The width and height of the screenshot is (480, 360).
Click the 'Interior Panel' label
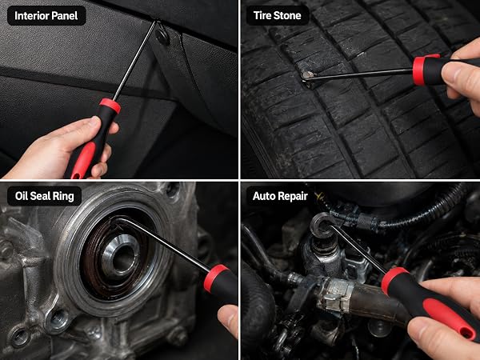(x=46, y=16)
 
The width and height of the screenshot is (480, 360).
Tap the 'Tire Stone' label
(x=278, y=15)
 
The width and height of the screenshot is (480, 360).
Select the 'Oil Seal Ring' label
(x=45, y=196)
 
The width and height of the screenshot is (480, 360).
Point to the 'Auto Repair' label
(x=280, y=196)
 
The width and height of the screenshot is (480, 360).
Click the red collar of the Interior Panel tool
(x=110, y=106)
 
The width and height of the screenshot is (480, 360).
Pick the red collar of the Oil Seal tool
(x=215, y=278)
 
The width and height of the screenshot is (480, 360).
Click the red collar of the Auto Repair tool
(x=394, y=280)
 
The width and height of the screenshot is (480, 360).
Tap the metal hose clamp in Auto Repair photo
(x=334, y=294)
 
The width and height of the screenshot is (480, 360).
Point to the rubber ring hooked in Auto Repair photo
(x=322, y=226)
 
